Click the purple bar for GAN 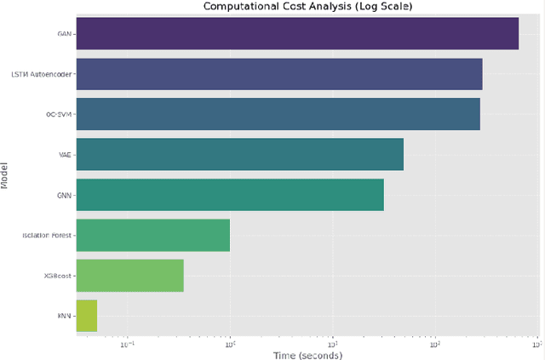point(297,34)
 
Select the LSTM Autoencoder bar point(279,74)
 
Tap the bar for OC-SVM point(278,114)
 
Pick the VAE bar point(239,154)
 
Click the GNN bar point(230,195)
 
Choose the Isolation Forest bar point(153,235)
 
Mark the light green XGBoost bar point(129,275)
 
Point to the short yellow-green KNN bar point(87,315)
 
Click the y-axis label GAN point(64,34)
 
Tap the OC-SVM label point(59,114)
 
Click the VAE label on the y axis point(65,154)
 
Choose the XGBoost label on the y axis point(59,275)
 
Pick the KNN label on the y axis point(65,315)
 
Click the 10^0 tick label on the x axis point(230,343)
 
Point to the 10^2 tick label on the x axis point(434,343)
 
